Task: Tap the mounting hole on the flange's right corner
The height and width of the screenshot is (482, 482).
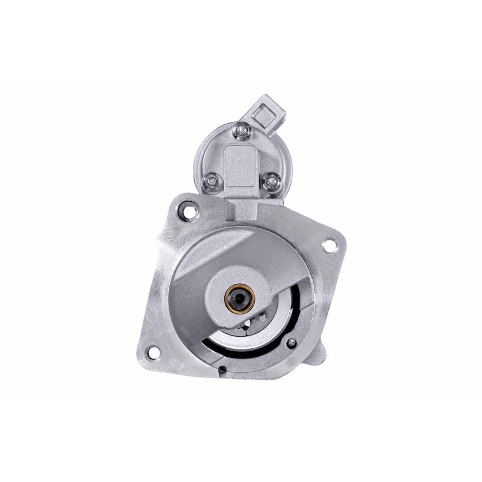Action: pos(329,245)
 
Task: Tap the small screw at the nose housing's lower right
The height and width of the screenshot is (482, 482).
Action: pos(292,343)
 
